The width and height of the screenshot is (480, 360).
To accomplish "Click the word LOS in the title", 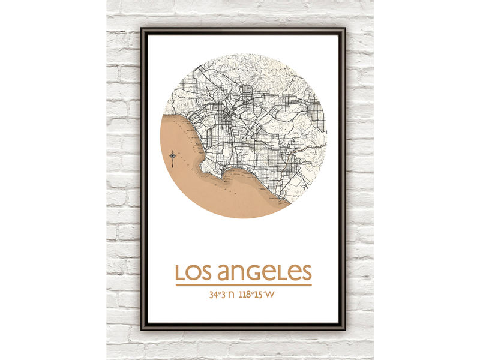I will click(x=194, y=272).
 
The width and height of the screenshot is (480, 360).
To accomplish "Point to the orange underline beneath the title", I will click(x=244, y=284).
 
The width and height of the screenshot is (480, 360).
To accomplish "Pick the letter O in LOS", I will click(x=194, y=272).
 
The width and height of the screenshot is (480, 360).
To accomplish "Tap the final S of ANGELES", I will click(x=306, y=272).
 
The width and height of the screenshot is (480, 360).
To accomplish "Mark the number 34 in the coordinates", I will click(x=213, y=295).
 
